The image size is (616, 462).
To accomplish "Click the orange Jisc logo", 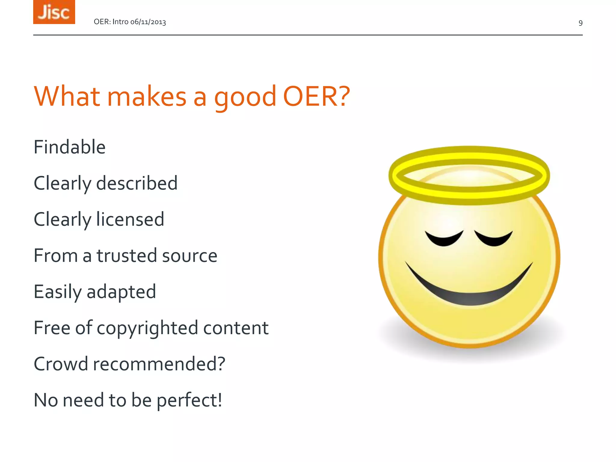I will [x=54, y=12].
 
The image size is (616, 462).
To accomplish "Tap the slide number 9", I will [x=581, y=23].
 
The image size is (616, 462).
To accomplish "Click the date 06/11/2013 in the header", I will [x=148, y=22].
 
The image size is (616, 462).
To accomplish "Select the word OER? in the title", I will [x=316, y=96].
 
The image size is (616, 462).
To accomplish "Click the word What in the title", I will [x=67, y=96].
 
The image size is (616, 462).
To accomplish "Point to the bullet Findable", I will [x=69, y=147].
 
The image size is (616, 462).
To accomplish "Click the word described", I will [x=137, y=183].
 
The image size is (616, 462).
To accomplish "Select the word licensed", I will [x=130, y=219].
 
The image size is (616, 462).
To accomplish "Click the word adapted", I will [x=121, y=292].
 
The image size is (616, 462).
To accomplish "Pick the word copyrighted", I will [x=147, y=328].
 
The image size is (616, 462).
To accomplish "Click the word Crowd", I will [x=61, y=364].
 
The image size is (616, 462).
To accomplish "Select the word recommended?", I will [x=159, y=364].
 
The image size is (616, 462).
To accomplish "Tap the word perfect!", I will [x=189, y=400].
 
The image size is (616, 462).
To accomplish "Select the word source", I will [x=189, y=256].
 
